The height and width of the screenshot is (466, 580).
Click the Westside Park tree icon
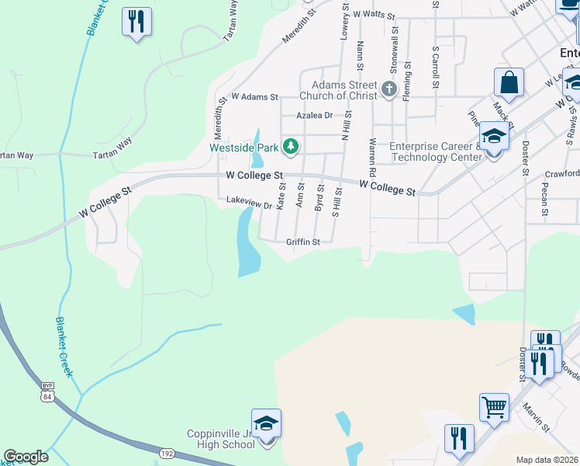(291, 145)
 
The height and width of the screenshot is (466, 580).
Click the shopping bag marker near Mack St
(509, 82)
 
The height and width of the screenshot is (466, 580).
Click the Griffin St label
(303, 242)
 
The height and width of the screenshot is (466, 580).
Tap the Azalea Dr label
(314, 115)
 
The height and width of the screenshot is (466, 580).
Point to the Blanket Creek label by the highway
(64, 346)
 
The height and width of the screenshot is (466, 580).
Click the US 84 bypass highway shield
(47, 393)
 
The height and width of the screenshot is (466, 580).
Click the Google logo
(26, 456)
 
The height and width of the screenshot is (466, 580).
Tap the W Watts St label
(374, 15)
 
